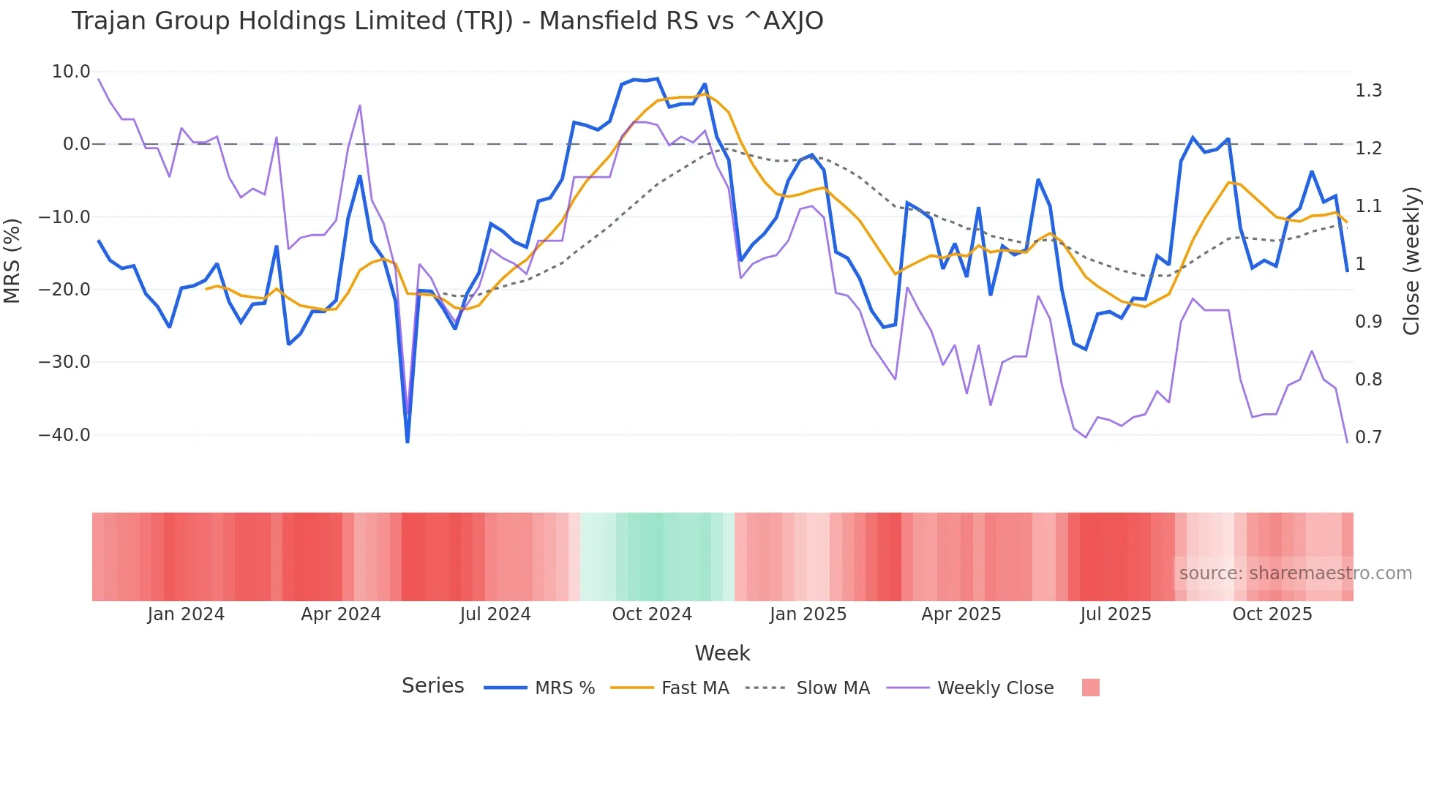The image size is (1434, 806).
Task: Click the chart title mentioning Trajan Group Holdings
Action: pos(447,21)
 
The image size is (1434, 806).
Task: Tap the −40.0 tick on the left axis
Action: pos(64,435)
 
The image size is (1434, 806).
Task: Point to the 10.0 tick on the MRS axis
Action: pos(71,72)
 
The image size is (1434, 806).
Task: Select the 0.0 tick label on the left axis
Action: pos(76,144)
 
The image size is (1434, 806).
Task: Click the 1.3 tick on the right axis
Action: pos(1368,91)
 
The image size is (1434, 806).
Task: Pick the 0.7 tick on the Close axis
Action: pos(1368,437)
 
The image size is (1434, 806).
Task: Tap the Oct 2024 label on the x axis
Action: pos(652,614)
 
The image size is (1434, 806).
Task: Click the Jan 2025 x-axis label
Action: pos(808,614)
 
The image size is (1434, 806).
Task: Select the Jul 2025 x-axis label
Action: pos(1116,614)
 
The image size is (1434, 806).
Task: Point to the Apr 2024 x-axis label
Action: pos(341,614)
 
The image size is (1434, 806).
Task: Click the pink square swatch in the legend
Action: pos(1090,688)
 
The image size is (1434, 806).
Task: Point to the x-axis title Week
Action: pos(722,653)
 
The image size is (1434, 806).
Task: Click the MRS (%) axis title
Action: pos(12,260)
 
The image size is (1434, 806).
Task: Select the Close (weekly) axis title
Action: pos(1411,260)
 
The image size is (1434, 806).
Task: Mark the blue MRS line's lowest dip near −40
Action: pos(408,440)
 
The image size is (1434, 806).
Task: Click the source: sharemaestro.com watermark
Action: pos(1295,573)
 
